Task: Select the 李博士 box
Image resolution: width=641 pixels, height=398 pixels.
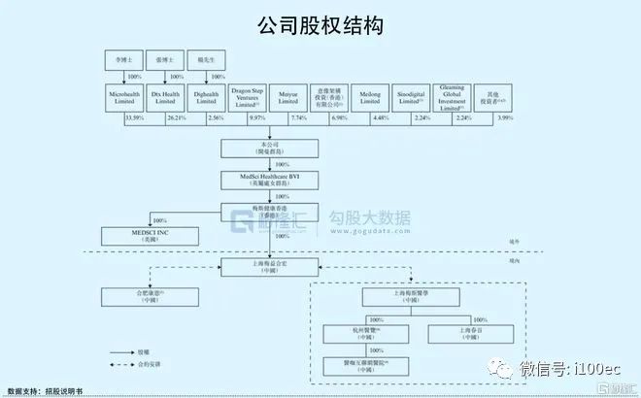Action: click(121, 59)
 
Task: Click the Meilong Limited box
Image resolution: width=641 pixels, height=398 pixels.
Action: click(371, 96)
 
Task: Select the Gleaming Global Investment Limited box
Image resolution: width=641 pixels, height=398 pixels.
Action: click(452, 96)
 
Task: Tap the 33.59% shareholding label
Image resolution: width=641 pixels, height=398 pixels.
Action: click(135, 118)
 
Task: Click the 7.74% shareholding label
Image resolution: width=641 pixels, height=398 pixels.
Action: click(298, 118)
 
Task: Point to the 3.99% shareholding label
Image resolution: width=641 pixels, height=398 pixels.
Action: click(504, 118)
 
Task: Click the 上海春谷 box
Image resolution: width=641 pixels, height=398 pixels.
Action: click(470, 333)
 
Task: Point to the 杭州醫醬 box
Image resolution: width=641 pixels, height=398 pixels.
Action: click(371, 333)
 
